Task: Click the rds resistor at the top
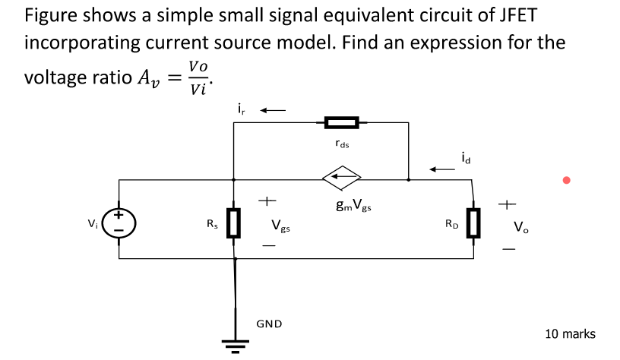(341, 122)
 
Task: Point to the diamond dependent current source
(341, 180)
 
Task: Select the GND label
(269, 324)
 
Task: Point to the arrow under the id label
(443, 169)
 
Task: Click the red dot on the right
(565, 180)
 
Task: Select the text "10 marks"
(570, 333)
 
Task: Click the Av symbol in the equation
(140, 78)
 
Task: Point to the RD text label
(451, 224)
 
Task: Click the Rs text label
(212, 224)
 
